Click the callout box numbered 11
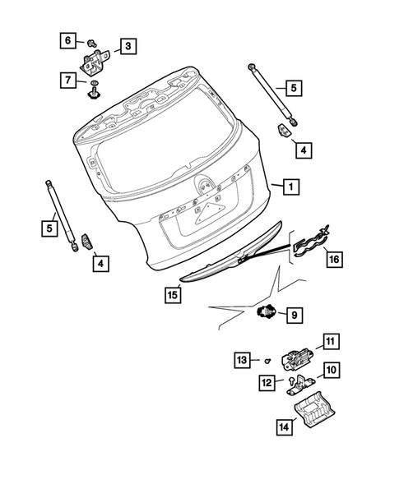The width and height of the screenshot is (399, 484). tap(330, 342)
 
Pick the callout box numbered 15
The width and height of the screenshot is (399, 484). tap(171, 294)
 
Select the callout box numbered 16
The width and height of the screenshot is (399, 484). tap(332, 259)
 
